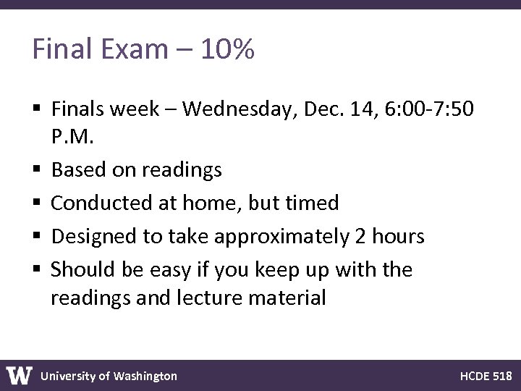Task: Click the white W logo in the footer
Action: pyautogui.click(x=20, y=375)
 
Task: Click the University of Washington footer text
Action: pyautogui.click(x=109, y=376)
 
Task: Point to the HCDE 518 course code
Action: pyautogui.click(x=486, y=376)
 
